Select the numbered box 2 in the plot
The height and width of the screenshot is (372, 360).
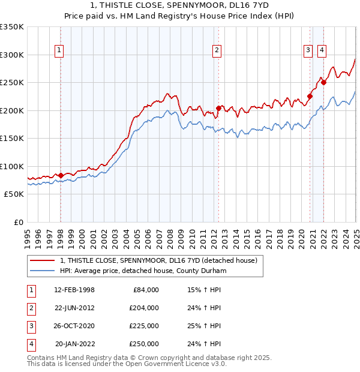pos(217,50)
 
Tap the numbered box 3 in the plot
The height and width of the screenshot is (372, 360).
pos(308,50)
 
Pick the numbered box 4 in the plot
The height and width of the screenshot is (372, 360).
pos(322,50)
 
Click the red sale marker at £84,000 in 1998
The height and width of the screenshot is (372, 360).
pos(61,175)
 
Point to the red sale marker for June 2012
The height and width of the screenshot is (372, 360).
pos(218,109)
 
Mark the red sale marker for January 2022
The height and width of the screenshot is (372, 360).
pos(323,83)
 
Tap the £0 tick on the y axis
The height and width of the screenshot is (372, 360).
pos(18,222)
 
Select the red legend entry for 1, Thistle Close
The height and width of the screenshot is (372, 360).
pos(158,260)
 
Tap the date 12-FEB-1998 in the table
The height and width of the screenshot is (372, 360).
pos(74,290)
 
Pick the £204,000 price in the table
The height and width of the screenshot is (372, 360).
pos(144,308)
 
